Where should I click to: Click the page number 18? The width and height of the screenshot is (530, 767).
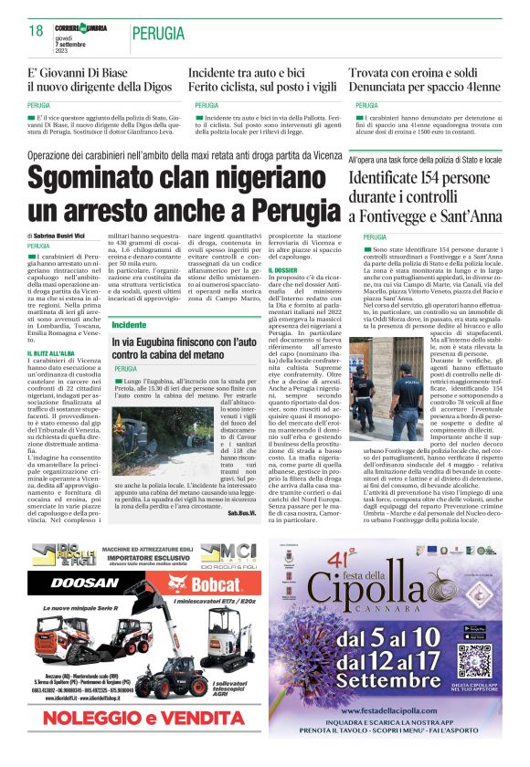tap(36, 31)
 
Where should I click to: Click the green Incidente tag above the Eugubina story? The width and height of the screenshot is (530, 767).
tap(129, 325)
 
